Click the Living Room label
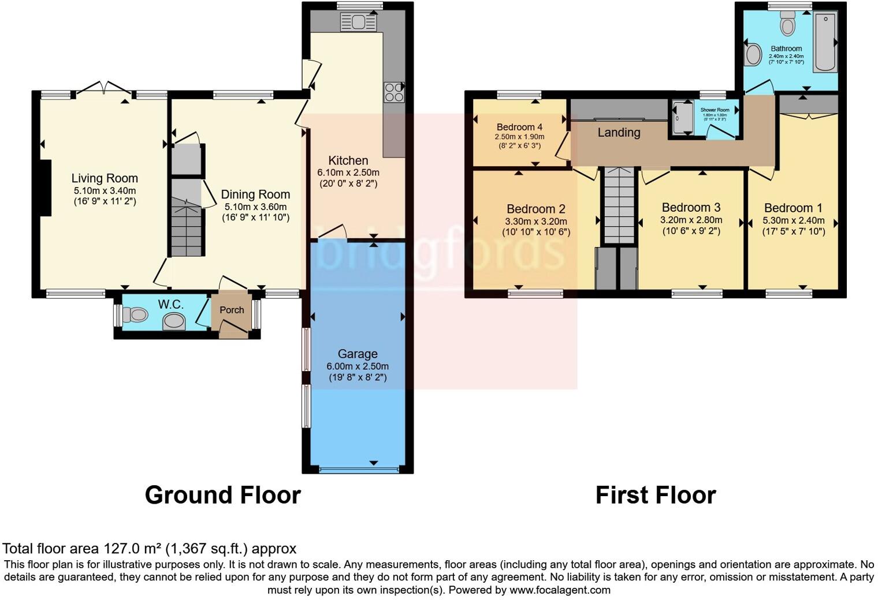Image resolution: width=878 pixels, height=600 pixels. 105,178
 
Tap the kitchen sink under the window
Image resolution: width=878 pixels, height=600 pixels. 358,22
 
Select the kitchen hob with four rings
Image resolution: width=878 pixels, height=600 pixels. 394,92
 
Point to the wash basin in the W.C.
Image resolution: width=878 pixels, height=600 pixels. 174,321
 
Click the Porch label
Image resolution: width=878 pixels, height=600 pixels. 232,310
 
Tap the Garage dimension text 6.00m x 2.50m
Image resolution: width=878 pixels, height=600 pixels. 358,366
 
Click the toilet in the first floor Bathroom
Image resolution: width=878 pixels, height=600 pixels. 787,24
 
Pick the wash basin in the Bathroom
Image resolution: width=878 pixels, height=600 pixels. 753,55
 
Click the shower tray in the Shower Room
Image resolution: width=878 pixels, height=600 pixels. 683,118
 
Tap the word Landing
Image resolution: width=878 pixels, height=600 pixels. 619,133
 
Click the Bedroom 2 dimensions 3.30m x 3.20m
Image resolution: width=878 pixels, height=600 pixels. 535,222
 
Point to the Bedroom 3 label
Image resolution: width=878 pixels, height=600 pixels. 691,208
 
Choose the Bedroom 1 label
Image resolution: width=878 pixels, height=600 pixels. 793,208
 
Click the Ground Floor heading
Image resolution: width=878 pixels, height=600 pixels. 222,495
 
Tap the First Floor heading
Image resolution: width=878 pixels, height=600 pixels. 656,495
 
